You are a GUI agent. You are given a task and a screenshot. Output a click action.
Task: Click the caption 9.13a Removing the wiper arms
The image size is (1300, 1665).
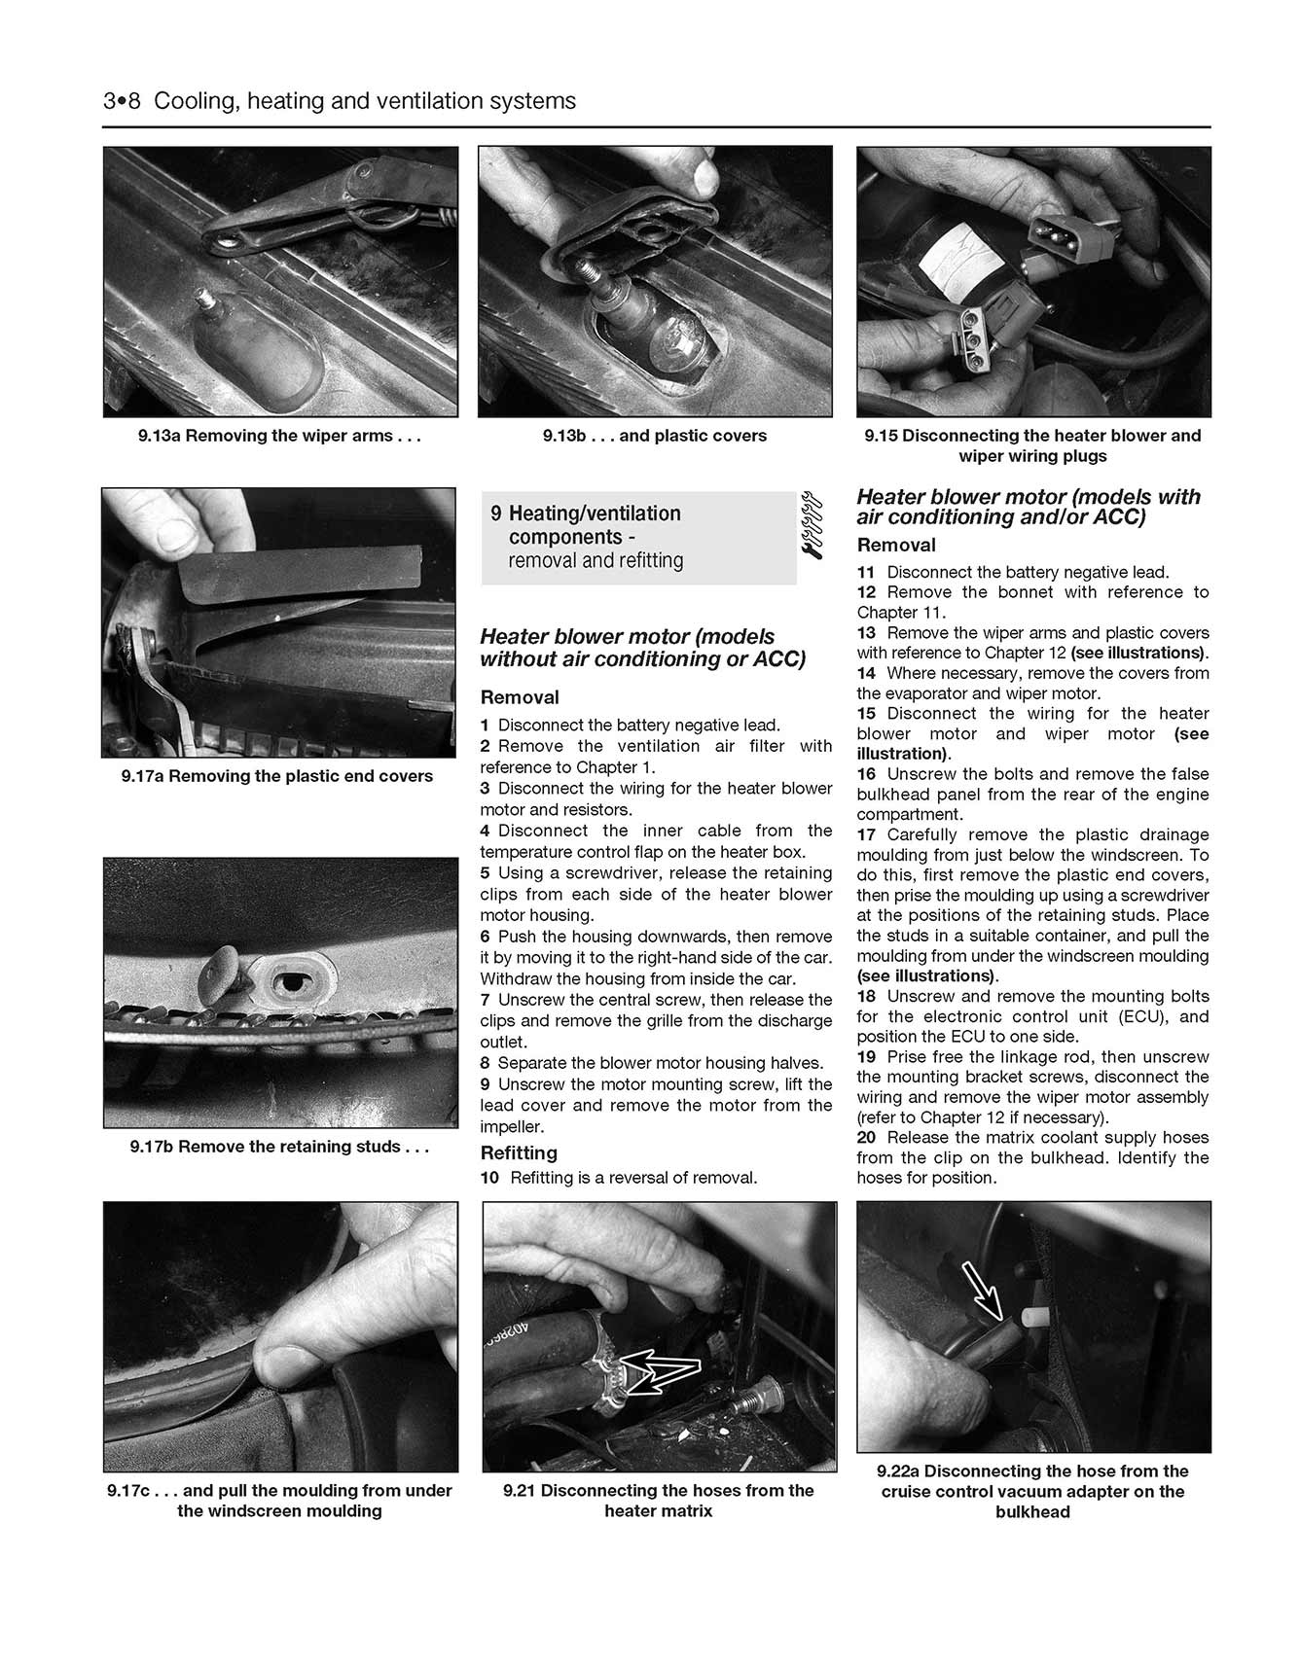[x=279, y=436]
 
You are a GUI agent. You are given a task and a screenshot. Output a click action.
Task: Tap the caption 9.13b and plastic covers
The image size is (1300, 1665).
[x=654, y=436]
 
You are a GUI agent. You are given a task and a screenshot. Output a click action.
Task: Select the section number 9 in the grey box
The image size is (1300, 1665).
[x=496, y=514]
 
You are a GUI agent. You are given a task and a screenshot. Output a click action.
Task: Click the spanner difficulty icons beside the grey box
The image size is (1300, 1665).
[x=812, y=523]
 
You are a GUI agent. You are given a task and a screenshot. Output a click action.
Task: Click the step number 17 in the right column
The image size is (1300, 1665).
[x=866, y=834]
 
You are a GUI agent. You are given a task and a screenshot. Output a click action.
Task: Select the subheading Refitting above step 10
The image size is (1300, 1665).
[x=519, y=1152]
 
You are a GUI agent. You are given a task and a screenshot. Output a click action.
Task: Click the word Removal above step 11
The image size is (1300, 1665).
[x=895, y=545]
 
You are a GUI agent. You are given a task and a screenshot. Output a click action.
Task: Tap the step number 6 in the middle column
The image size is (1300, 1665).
[x=485, y=937]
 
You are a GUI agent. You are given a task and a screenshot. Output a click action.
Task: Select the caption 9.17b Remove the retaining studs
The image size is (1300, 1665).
[x=279, y=1147]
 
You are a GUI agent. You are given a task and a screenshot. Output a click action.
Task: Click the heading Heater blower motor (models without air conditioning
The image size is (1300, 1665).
[x=642, y=648]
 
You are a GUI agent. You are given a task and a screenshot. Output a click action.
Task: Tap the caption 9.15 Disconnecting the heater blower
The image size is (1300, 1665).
[x=1032, y=445]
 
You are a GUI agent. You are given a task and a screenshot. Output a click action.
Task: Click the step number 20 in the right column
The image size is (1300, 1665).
[x=866, y=1137]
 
